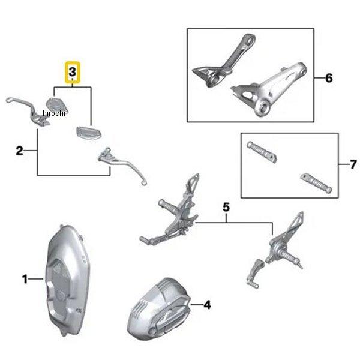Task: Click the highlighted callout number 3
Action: (73, 72)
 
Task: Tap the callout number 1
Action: (25, 279)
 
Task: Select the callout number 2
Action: (20, 151)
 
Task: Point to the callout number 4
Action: (207, 305)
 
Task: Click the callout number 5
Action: (226, 207)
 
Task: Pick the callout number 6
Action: (329, 78)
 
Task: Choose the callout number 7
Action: (353, 164)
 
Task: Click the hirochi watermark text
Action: (54, 113)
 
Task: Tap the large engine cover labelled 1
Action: (67, 280)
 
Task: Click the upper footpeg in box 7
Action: (262, 152)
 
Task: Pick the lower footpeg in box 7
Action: (316, 183)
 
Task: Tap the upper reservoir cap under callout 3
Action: (58, 104)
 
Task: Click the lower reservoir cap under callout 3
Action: (89, 133)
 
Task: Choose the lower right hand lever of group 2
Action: (122, 164)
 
